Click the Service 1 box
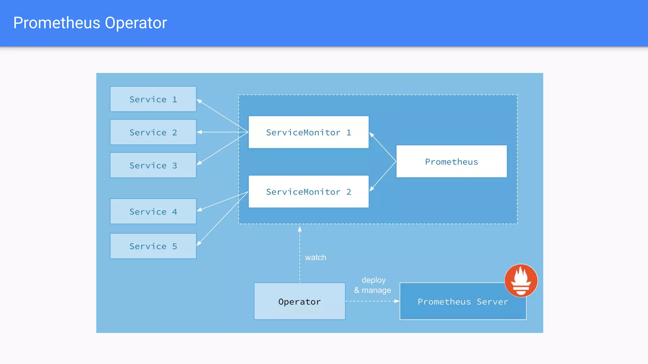(153, 99)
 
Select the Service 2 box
(153, 132)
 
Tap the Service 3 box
(153, 165)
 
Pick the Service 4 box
(153, 211)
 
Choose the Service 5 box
(153, 246)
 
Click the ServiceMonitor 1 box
(308, 132)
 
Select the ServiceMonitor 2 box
(308, 191)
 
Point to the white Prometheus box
(452, 161)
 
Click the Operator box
(299, 301)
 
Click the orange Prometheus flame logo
(521, 281)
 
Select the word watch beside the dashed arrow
(315, 258)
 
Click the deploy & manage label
(373, 285)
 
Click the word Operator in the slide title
(136, 23)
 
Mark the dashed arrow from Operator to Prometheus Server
(372, 301)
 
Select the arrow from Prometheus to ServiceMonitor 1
(383, 147)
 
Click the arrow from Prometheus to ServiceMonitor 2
(383, 176)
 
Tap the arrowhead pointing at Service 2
(199, 132)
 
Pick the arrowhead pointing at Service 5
(199, 243)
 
